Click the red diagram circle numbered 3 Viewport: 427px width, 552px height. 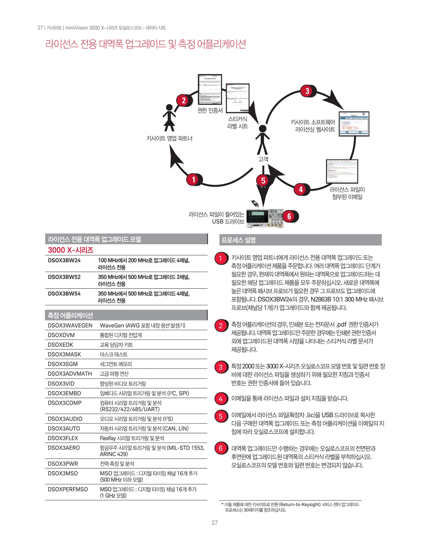(x=307, y=91)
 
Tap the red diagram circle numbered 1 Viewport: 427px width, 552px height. (x=193, y=180)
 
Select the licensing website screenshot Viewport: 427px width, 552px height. (x=354, y=124)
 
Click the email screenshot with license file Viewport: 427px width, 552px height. (x=342, y=171)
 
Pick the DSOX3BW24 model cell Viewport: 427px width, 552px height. (x=64, y=260)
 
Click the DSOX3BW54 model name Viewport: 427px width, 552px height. (x=64, y=294)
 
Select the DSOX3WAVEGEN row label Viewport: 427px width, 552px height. (x=70, y=326)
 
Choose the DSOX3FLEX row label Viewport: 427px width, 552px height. (x=63, y=438)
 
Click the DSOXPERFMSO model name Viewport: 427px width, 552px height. (x=68, y=489)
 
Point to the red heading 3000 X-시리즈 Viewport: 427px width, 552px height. (x=71, y=250)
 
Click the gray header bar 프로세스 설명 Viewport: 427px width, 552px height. (x=300, y=240)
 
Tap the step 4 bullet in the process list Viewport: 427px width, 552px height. (x=220, y=399)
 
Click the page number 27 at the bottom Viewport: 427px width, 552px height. (x=215, y=523)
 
